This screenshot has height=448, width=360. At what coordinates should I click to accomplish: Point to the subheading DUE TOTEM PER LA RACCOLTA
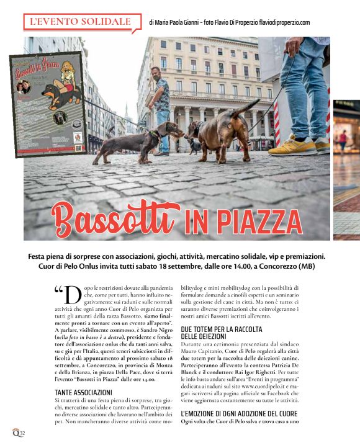pos(222,329)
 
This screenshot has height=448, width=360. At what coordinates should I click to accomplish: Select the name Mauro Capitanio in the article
pos(199,359)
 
